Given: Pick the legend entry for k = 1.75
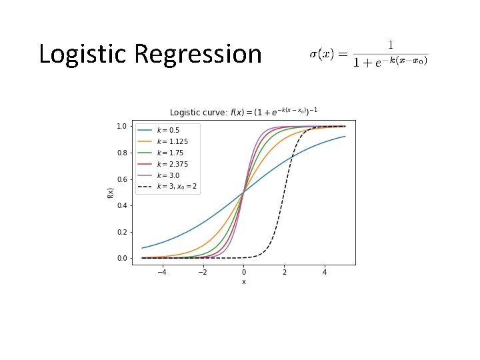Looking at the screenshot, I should coord(169,153).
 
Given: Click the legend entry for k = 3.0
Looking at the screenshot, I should coord(168,175).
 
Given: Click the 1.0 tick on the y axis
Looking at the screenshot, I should coord(122,126).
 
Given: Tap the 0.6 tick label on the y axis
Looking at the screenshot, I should coord(122,179).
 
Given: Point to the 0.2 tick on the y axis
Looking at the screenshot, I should coord(122,232).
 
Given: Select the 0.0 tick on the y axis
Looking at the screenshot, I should coord(122,259).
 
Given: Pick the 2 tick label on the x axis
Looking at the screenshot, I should coord(285,272).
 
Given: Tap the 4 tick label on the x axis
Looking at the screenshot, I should coord(325,272).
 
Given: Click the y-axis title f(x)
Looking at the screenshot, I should coord(111,192).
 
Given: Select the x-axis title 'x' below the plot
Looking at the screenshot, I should coord(243,282).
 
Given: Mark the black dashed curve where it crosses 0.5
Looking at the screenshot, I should coord(285,192).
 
